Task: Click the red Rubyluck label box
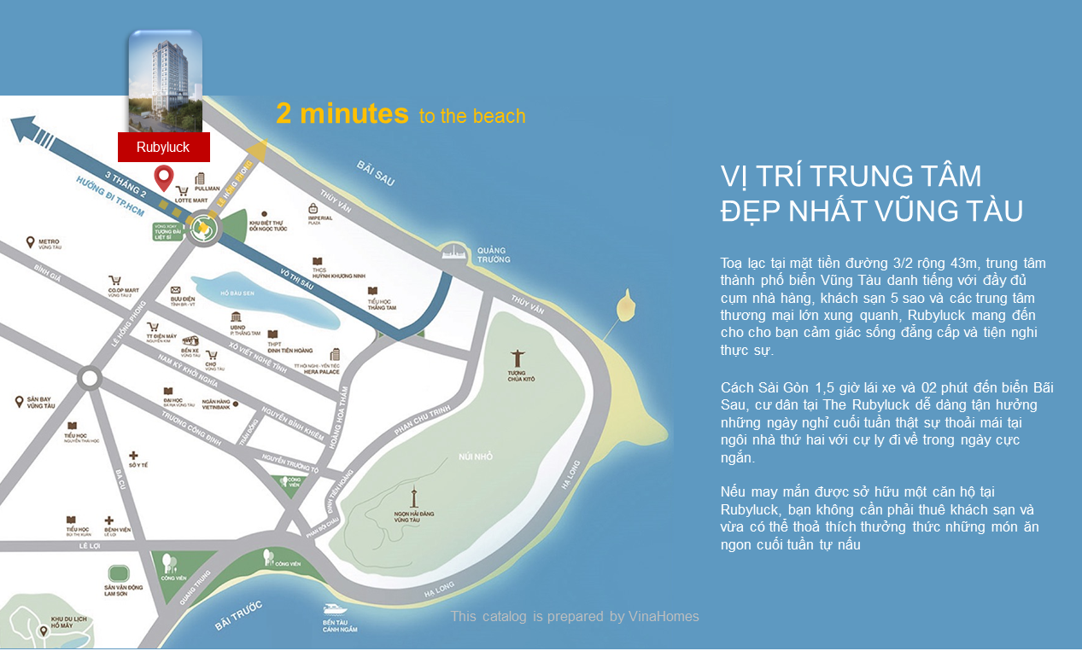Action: (164, 148)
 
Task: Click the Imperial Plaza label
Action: (314, 213)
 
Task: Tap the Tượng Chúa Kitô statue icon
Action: (517, 359)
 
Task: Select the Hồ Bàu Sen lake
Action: (256, 299)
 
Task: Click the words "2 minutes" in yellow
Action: (342, 113)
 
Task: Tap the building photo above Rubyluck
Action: (165, 81)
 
